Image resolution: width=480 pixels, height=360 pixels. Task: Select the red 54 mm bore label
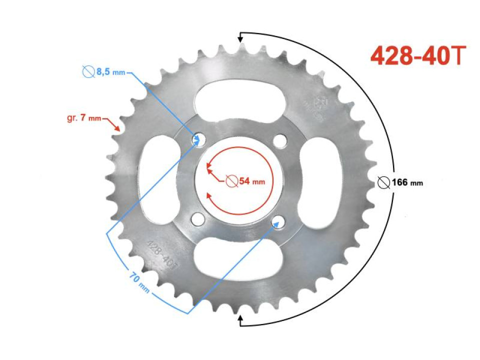[x=245, y=181]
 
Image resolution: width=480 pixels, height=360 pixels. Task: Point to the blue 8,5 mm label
[x=104, y=72]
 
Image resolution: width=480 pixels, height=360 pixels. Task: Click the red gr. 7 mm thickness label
[x=83, y=118]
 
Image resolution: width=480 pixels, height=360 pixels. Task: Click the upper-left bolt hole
[x=198, y=139]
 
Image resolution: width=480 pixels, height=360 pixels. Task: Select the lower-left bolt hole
[x=198, y=218]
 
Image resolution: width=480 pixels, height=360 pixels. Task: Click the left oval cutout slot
[x=158, y=180]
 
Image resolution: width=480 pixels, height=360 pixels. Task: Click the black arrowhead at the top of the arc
[x=240, y=37]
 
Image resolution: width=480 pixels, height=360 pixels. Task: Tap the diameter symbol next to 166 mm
[x=383, y=182]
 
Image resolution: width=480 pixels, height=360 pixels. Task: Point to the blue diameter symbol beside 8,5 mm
[x=88, y=72]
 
